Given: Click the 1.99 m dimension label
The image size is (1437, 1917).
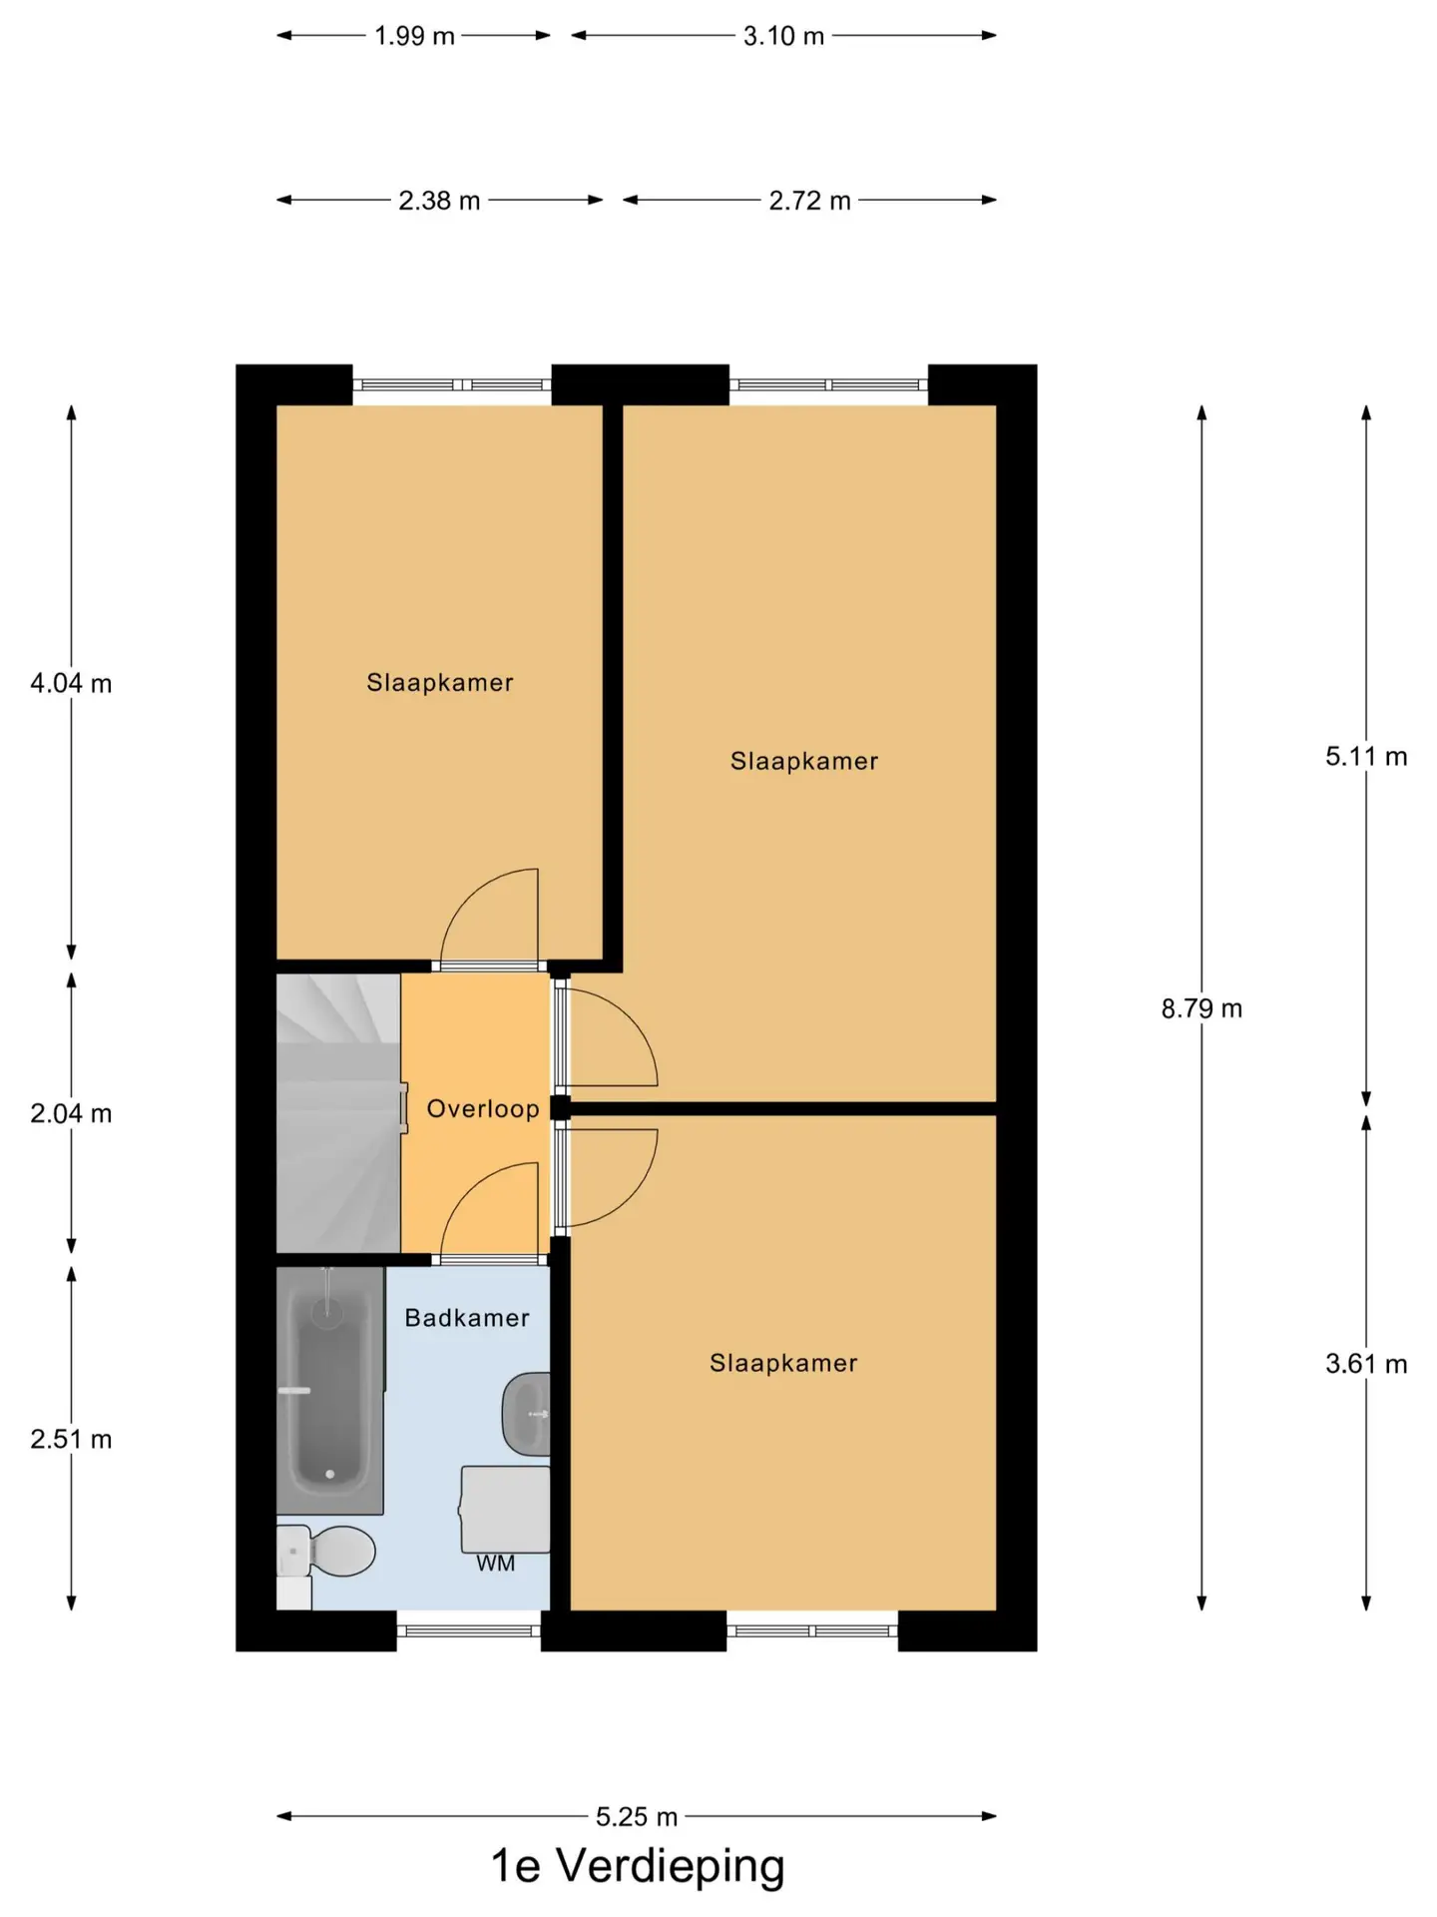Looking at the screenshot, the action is click(414, 36).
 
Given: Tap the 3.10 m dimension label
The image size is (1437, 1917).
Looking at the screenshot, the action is click(783, 36).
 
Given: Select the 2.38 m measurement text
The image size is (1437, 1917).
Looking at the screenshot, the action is click(439, 201).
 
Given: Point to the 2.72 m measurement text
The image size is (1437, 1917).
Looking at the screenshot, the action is click(809, 201).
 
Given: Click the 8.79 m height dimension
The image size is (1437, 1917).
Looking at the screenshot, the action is click(1201, 1008).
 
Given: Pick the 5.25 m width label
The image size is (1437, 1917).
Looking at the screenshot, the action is click(637, 1817).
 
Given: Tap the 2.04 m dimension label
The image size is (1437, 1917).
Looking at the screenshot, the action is click(71, 1113).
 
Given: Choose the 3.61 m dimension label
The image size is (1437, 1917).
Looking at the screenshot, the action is click(1366, 1364).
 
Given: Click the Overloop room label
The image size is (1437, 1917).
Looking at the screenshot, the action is click(483, 1109).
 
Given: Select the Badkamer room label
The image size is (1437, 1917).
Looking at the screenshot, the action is click(467, 1318).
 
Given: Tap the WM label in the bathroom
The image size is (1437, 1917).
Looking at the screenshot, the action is click(496, 1564).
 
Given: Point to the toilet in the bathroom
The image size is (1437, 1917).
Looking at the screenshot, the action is click(325, 1551).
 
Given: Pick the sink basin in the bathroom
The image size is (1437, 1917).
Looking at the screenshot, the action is click(526, 1413).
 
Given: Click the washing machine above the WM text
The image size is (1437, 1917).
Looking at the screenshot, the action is click(505, 1509).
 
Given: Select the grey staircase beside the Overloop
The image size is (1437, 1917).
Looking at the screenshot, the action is click(338, 1112).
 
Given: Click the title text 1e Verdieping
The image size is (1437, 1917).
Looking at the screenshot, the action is click(638, 1866).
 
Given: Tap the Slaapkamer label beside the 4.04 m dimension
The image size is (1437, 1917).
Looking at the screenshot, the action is click(440, 683).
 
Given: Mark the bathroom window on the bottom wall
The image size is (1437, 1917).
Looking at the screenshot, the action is click(469, 1630).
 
